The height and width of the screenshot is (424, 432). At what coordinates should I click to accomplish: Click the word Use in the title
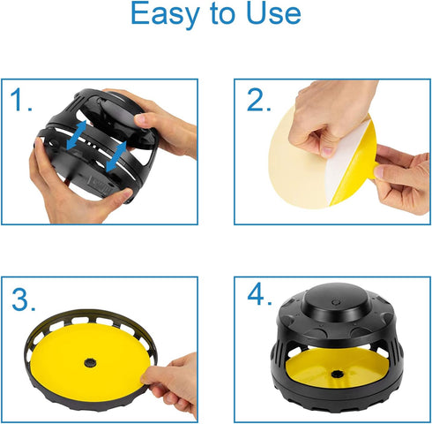[273, 13]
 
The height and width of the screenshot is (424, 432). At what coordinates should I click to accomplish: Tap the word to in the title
[223, 14]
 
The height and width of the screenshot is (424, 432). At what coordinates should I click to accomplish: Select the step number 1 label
[20, 100]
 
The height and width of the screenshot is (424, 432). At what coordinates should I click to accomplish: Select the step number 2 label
[258, 100]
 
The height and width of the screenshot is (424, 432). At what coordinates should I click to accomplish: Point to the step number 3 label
[24, 299]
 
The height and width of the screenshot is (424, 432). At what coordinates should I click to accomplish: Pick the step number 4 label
[259, 294]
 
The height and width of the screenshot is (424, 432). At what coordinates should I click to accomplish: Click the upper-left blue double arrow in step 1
[77, 134]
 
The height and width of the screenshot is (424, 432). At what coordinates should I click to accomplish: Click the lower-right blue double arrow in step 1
[116, 156]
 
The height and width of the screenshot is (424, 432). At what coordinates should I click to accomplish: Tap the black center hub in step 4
[336, 375]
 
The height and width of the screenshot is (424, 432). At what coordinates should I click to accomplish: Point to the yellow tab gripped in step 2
[373, 170]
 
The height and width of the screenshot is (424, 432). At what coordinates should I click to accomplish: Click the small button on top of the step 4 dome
[335, 302]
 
